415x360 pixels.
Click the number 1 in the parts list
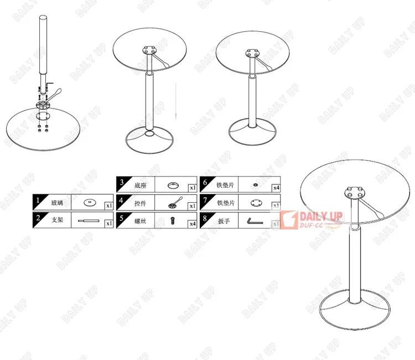[x=38, y=201]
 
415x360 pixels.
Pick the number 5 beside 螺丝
[x=121, y=219]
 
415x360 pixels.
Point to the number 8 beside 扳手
[x=205, y=219]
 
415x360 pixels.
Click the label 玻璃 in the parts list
[x=57, y=203]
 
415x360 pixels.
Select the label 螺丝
[x=141, y=222]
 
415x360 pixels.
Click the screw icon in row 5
[x=173, y=222]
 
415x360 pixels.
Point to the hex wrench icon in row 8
[x=254, y=221]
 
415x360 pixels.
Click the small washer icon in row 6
[x=255, y=185]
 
